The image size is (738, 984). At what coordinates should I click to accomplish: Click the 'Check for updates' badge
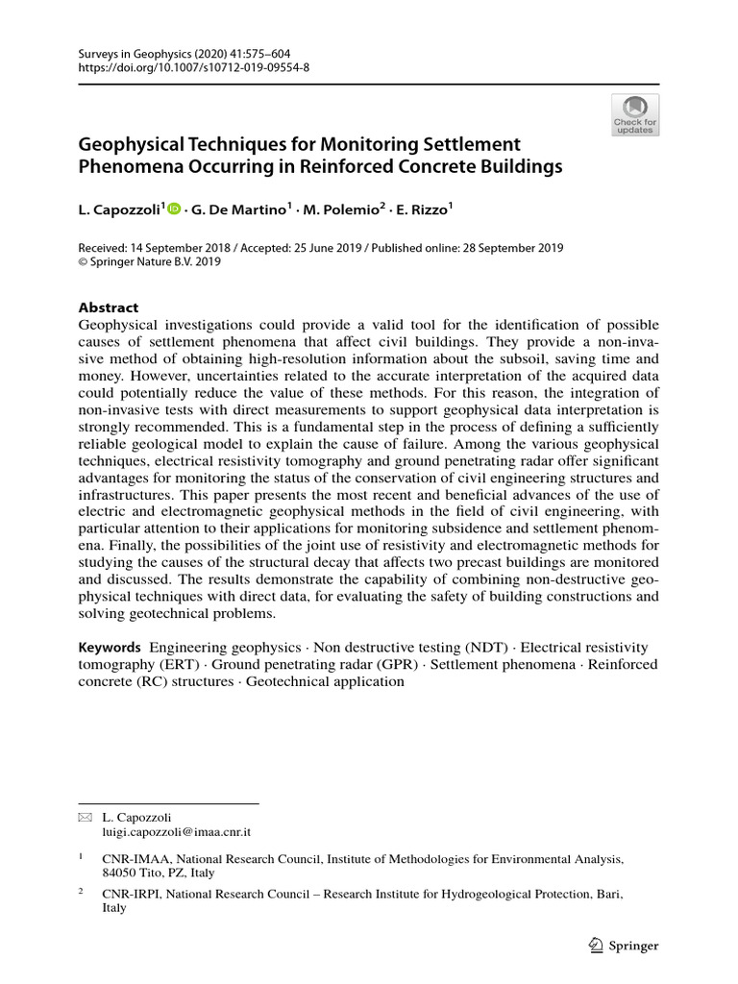coord(634,114)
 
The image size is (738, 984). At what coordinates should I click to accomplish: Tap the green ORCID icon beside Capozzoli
coord(174,207)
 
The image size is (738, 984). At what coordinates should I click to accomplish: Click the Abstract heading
coord(108,307)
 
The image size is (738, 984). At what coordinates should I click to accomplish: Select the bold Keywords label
coord(110,648)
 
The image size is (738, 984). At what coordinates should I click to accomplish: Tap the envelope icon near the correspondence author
coord(84,817)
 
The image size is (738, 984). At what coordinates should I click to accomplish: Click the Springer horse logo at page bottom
coord(595,946)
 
